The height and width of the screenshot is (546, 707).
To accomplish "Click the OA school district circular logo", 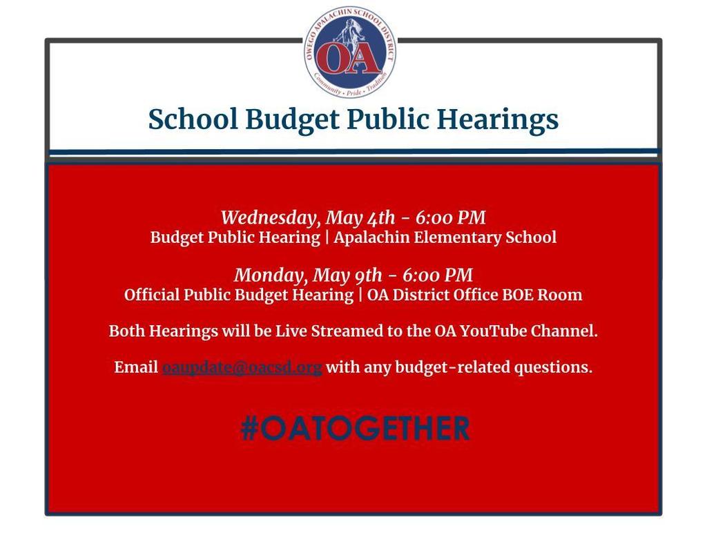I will pyautogui.click(x=351, y=52).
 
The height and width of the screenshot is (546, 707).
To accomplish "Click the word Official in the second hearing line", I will pyautogui.click(x=152, y=295).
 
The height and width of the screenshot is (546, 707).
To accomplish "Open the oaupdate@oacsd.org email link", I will pyautogui.click(x=242, y=367).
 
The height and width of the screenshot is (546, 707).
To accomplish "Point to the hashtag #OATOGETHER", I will pyautogui.click(x=355, y=428).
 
